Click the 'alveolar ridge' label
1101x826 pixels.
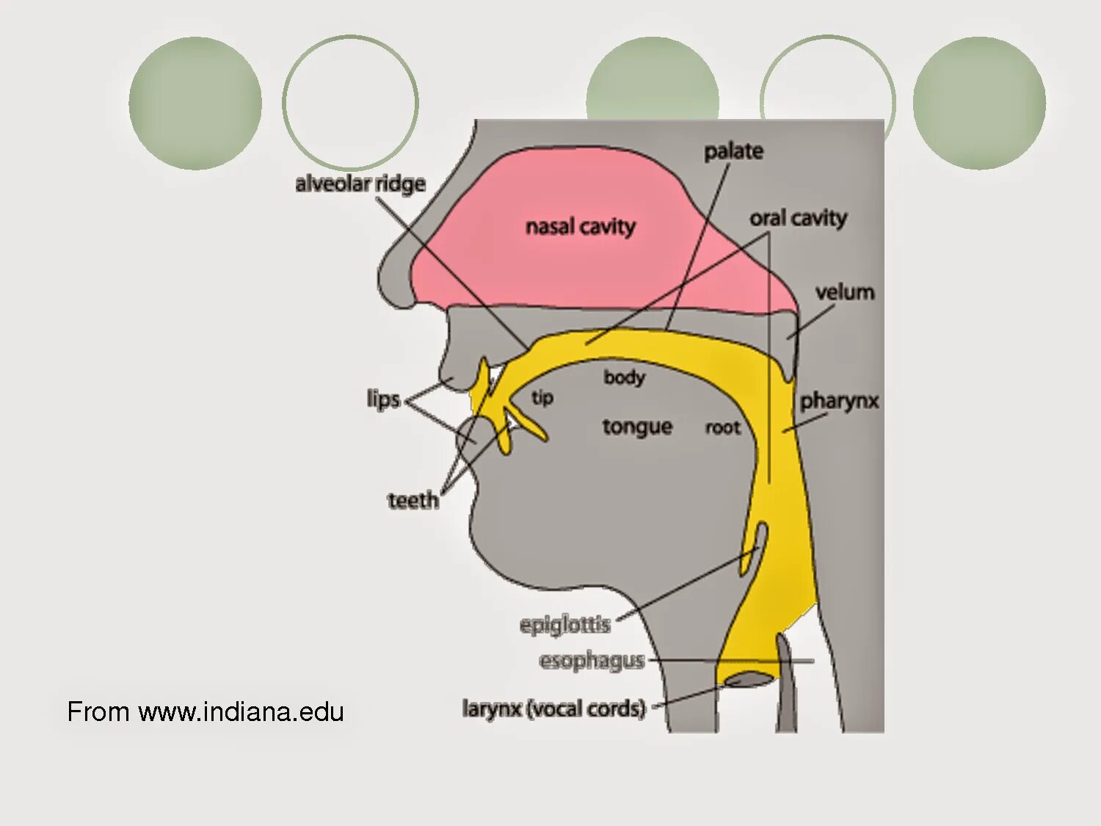coord(360,184)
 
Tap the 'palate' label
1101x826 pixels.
coord(733,151)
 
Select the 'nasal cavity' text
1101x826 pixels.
coord(580,227)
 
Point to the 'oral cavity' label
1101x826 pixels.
coord(798,218)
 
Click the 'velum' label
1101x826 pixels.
coord(845,292)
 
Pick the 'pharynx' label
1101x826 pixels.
coord(839,401)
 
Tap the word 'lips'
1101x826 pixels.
coord(383,399)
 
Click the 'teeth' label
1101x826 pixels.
coord(413,501)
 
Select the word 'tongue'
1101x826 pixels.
coord(637,427)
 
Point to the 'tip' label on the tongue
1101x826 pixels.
coord(542,398)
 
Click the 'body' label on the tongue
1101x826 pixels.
coord(624,377)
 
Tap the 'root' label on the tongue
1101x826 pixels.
coord(723,428)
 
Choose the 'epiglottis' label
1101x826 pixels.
coord(564,625)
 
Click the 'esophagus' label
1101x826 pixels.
coord(592,661)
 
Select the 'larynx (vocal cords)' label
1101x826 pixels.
coord(554,709)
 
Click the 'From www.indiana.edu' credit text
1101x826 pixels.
coord(206,712)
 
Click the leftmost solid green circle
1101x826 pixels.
coord(195,104)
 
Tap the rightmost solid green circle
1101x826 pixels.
coord(979,104)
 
